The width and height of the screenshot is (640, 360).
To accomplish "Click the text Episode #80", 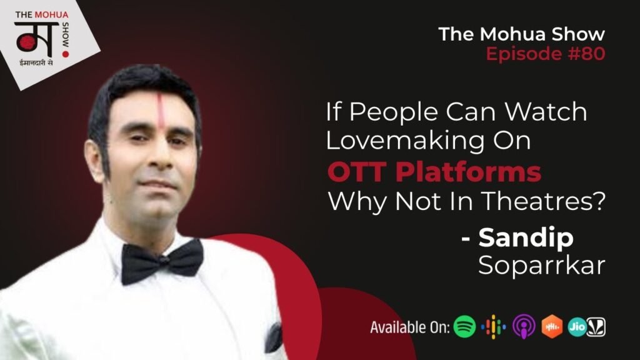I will [x=545, y=54].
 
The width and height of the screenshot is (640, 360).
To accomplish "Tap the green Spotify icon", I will [x=465, y=326].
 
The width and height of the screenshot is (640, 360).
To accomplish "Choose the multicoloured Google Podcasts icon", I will [x=494, y=326].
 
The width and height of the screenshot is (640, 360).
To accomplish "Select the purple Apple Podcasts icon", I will [x=523, y=326].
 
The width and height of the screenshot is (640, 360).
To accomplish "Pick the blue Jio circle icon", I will [x=576, y=326].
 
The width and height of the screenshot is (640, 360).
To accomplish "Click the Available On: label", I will [x=409, y=327].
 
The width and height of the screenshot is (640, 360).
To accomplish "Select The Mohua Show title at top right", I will [x=521, y=34].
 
